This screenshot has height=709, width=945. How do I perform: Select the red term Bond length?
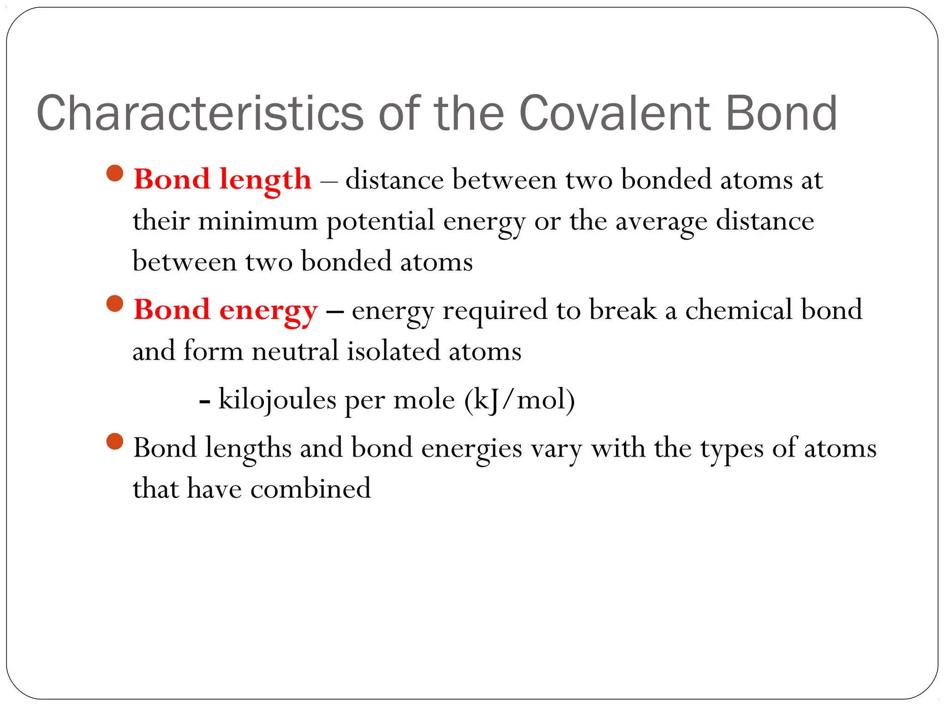pyautogui.click(x=222, y=179)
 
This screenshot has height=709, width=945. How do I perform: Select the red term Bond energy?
pyautogui.click(x=226, y=310)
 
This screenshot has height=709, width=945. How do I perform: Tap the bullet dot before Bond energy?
pyautogui.click(x=114, y=304)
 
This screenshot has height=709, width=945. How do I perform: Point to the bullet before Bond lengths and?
pyautogui.click(x=114, y=441)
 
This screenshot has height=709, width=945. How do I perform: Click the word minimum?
pyautogui.click(x=257, y=221)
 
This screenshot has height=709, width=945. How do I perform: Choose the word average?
pyautogui.click(x=661, y=222)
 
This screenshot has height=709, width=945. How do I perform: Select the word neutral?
pyautogui.click(x=295, y=351)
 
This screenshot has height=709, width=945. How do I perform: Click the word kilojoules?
pyautogui.click(x=277, y=400)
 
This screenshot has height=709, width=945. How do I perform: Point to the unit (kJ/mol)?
pyautogui.click(x=520, y=400)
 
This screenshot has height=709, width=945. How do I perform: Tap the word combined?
pyautogui.click(x=310, y=488)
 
